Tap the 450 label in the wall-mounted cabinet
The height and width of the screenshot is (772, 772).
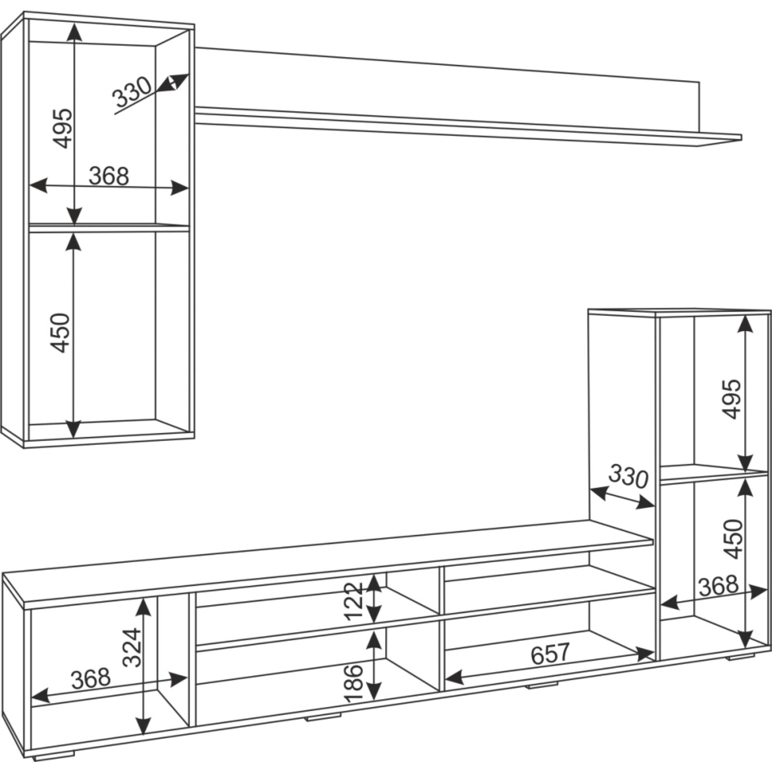(61, 333)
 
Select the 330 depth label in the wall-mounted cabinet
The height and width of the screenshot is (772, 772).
(132, 92)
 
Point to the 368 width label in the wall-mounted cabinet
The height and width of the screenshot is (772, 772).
(109, 176)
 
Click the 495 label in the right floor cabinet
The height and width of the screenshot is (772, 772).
(731, 400)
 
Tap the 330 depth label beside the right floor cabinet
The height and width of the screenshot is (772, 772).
(628, 477)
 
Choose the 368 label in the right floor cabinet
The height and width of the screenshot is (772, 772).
(718, 585)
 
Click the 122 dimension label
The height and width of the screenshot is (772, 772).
(353, 601)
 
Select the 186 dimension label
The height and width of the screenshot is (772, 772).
(353, 683)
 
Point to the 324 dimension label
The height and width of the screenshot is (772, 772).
(132, 648)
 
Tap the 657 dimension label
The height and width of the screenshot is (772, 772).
(550, 654)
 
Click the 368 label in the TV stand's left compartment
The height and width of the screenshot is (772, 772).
(91, 678)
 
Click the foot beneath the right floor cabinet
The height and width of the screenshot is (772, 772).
(741, 657)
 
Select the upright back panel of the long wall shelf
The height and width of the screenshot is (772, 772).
(447, 88)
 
